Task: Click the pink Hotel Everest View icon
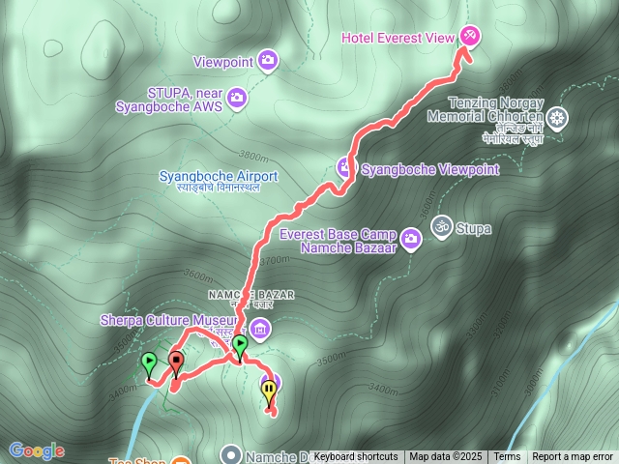(x=469, y=36)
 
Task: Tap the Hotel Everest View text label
(x=398, y=37)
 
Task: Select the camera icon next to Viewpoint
(x=269, y=62)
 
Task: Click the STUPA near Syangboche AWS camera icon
(x=237, y=100)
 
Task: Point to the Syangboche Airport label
(x=218, y=177)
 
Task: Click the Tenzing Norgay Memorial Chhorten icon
(x=557, y=119)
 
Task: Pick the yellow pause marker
(x=268, y=390)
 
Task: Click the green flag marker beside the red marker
(x=149, y=363)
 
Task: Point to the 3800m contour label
(x=251, y=155)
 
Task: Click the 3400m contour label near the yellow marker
(x=382, y=391)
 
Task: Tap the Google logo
(x=37, y=450)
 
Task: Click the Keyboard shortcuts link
(x=355, y=456)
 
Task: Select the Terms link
(x=507, y=456)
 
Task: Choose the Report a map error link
(x=573, y=456)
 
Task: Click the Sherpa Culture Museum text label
(x=168, y=320)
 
